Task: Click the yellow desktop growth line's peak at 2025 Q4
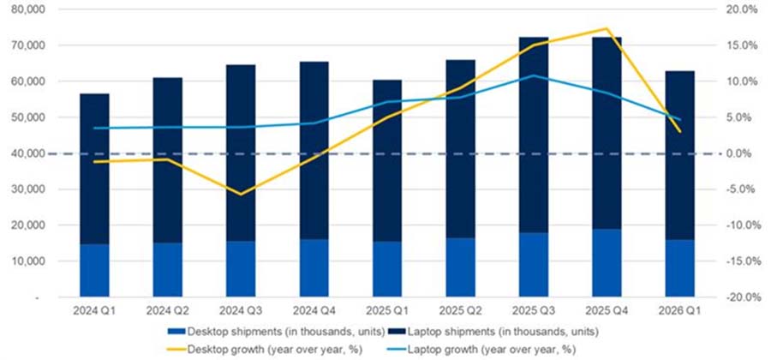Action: pyautogui.click(x=607, y=29)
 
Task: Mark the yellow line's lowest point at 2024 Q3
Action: pyautogui.click(x=241, y=194)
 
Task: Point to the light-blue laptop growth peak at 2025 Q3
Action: pyautogui.click(x=535, y=75)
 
